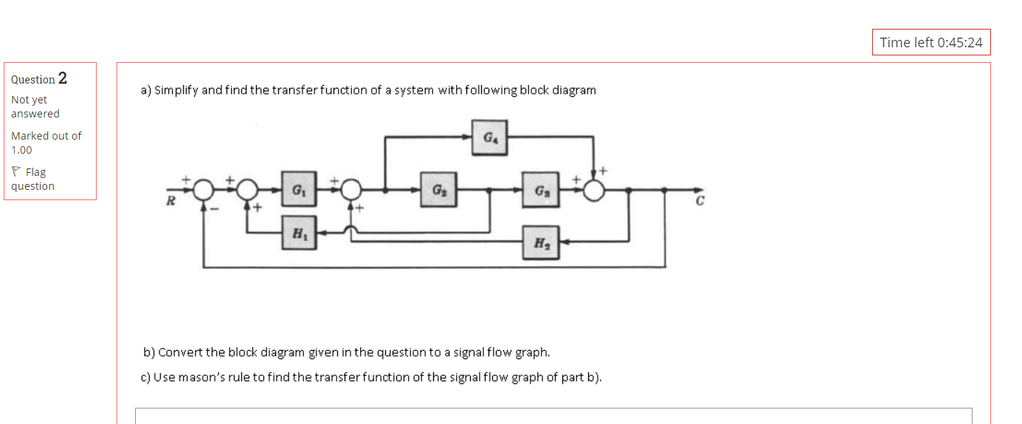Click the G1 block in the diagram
tap(298, 189)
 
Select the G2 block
tap(438, 189)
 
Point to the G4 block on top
tap(489, 137)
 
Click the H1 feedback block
tap(298, 233)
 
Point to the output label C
tap(700, 202)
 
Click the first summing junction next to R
tap(204, 190)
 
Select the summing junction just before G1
tap(247, 190)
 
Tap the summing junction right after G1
tap(351, 190)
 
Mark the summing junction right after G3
tap(593, 190)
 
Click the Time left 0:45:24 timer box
tap(930, 42)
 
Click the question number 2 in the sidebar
tap(62, 78)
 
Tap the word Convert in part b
tap(181, 352)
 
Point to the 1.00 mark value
tap(21, 150)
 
